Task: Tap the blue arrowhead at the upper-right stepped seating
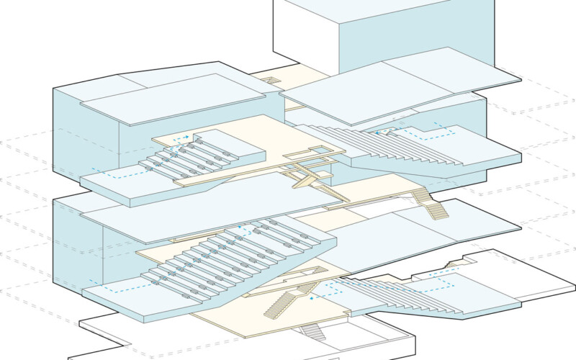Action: click(376, 132)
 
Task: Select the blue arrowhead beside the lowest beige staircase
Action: click(311, 297)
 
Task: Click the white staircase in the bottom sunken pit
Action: click(312, 332)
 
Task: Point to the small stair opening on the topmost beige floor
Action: click(271, 79)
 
